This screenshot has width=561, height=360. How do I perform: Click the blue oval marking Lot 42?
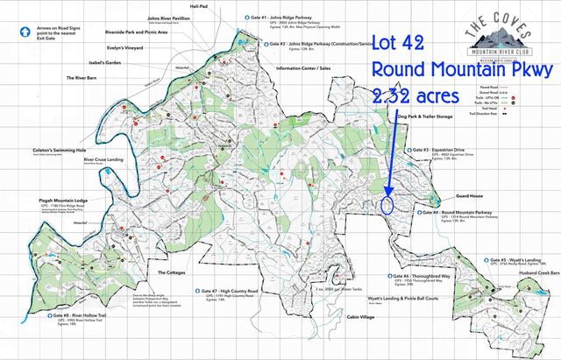pos(387,206)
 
